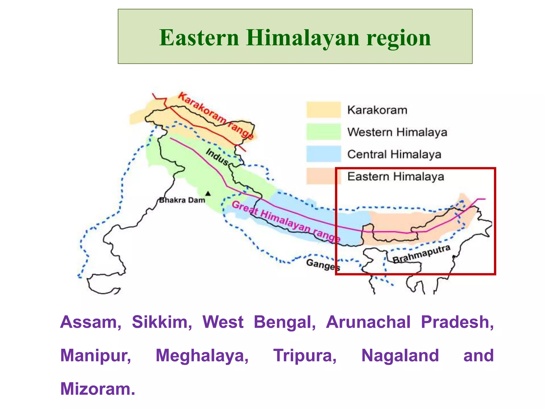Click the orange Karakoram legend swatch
point(323,110)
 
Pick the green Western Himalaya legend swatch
point(323,132)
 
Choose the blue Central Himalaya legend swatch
point(323,154)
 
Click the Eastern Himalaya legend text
point(396,177)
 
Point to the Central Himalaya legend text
point(394,154)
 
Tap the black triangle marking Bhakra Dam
point(208,194)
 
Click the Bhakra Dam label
point(182,200)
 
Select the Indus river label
point(217,157)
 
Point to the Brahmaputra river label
point(422,254)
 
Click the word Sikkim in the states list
point(162,322)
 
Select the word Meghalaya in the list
point(202,356)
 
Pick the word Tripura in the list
point(305,356)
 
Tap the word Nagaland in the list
point(400,356)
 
